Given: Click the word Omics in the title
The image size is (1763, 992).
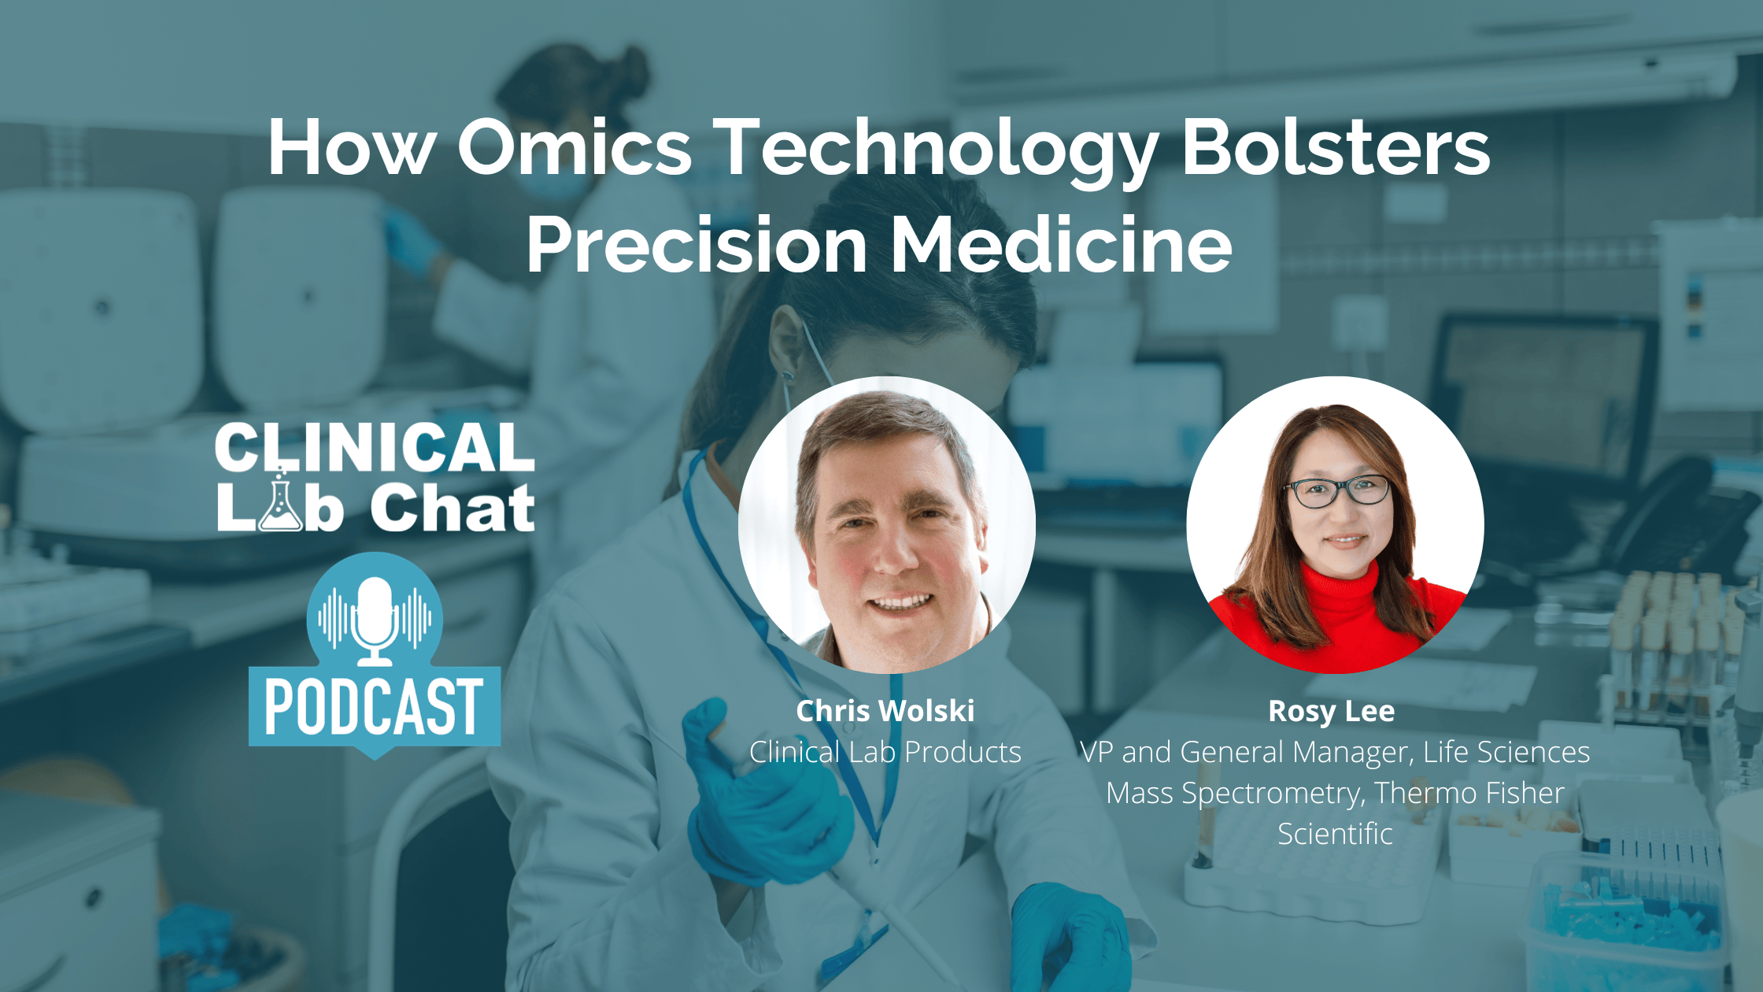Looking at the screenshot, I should (574, 147).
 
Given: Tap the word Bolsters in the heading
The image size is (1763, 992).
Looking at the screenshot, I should (1336, 147).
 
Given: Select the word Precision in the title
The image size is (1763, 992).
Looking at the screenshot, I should (697, 245).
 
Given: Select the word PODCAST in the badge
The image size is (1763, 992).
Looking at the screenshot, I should (375, 707).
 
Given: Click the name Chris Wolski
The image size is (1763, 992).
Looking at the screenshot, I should (885, 711).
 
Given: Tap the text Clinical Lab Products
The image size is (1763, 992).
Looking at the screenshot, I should (885, 752).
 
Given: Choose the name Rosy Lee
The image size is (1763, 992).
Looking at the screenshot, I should (1331, 711).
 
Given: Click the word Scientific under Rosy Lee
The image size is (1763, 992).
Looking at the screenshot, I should (1335, 834).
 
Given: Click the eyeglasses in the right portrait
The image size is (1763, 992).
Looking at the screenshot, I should (1337, 492).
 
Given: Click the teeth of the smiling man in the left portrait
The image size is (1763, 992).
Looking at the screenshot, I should (900, 603).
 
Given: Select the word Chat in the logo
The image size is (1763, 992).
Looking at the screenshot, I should (453, 509).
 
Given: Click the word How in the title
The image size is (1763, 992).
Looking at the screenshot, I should (350, 147).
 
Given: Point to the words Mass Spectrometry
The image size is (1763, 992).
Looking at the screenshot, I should (1233, 793).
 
